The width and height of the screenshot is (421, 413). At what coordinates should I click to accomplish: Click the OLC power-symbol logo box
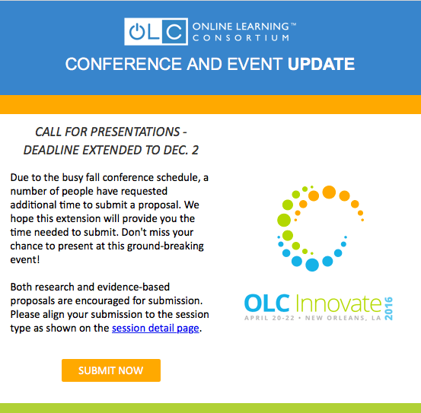[x=155, y=31]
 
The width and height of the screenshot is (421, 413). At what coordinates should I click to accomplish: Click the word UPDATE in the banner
[x=321, y=64]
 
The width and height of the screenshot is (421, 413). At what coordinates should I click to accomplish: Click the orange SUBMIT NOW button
[x=111, y=370]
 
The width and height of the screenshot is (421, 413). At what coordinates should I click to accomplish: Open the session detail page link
[x=156, y=329]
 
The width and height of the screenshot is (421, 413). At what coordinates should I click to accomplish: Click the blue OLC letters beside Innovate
[x=266, y=301]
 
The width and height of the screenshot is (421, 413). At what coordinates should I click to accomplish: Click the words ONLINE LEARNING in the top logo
[x=240, y=25]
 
